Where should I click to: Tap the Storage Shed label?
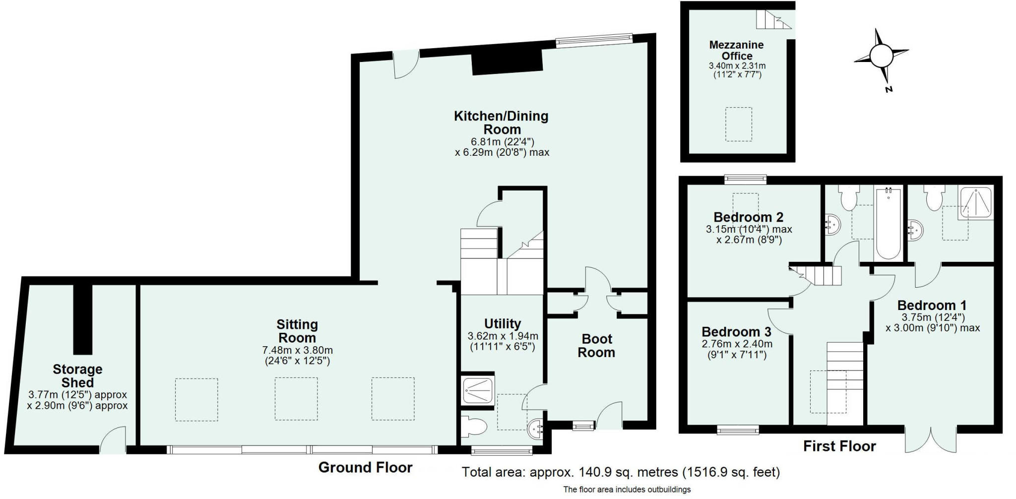[x=77, y=375]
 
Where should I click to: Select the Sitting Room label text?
[x=297, y=331]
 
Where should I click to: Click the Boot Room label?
[x=597, y=346]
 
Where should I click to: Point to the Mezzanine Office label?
[x=737, y=50]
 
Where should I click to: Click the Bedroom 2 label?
[x=748, y=217]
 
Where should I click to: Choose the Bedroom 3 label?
[x=737, y=331]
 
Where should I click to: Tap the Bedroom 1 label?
[x=932, y=305]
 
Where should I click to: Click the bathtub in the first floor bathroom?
[x=888, y=223]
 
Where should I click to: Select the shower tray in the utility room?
[x=478, y=390]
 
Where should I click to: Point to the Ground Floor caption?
[x=365, y=467]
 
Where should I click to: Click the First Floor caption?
[x=839, y=446]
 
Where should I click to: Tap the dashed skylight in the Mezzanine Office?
[x=739, y=124]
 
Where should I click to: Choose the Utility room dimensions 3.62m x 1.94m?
[x=503, y=336]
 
